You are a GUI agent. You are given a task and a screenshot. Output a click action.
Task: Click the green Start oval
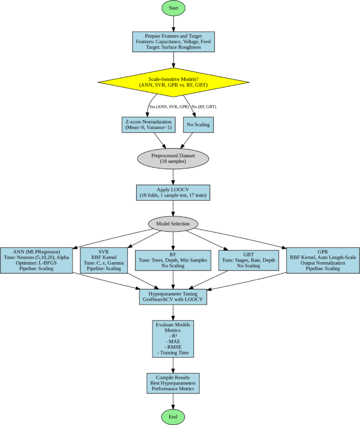point(173,8)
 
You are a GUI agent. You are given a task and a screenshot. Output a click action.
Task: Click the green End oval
point(173,417)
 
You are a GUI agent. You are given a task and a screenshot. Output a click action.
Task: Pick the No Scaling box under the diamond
point(198,125)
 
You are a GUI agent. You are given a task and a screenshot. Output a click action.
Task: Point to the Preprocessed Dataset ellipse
point(173,158)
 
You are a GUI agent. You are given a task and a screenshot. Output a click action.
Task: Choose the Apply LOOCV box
point(173,193)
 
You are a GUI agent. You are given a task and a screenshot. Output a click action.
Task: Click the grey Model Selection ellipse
point(173,223)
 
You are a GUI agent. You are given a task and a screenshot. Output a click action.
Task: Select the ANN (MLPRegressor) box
point(36,260)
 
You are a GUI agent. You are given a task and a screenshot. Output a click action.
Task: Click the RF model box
point(173,260)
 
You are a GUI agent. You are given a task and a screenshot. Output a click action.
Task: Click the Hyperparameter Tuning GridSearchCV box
point(173,296)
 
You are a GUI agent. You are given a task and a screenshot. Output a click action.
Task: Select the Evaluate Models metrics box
point(173,338)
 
